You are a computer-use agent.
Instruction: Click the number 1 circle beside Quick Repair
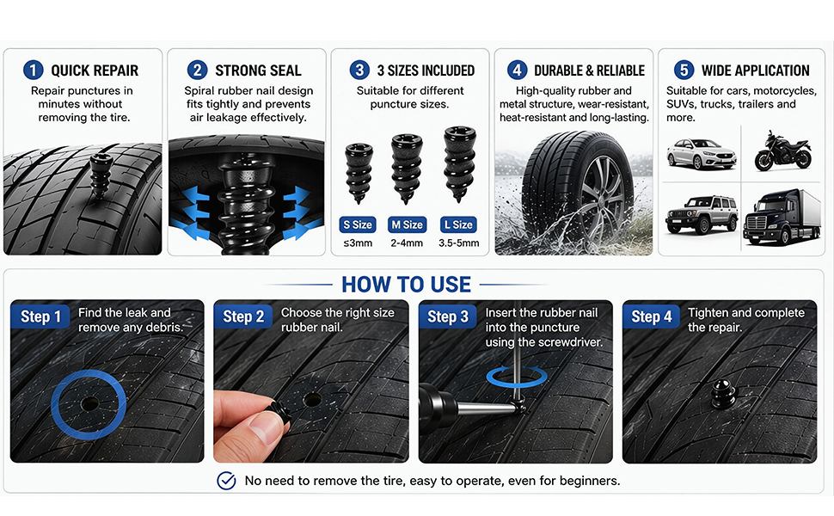[x=33, y=71]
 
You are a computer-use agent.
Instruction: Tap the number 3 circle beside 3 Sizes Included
[x=359, y=71]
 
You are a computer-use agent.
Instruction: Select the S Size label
[x=358, y=224]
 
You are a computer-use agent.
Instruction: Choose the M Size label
[x=407, y=224]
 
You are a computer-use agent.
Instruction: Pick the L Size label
[x=458, y=224]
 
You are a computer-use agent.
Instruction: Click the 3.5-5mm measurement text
[x=458, y=243]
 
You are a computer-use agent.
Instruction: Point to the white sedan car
[x=701, y=153]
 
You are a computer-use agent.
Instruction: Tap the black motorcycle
[x=783, y=151]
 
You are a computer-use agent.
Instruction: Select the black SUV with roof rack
[x=702, y=214]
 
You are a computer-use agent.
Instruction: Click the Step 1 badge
[x=40, y=316]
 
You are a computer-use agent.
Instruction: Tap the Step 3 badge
[x=448, y=316]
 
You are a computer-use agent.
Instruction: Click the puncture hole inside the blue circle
[x=89, y=404]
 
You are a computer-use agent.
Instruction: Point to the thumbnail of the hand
[x=265, y=426]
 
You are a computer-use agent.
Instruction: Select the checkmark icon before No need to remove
[x=227, y=481]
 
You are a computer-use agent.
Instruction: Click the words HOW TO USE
[x=407, y=285]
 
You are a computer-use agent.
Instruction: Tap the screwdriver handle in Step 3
[x=438, y=405]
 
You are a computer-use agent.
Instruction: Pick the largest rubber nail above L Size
[x=459, y=163]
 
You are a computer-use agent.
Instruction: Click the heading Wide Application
[x=755, y=71]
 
